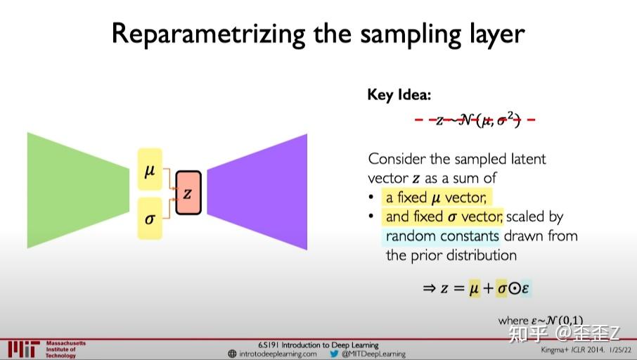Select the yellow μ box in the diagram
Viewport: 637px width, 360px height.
(x=150, y=169)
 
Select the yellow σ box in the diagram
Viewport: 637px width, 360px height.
(x=150, y=217)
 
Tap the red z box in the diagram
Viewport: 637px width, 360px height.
(x=188, y=193)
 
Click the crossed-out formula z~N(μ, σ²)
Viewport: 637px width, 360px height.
(x=477, y=120)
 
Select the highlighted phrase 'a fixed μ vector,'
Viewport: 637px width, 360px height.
(x=435, y=197)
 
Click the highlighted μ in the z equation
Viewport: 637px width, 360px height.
(x=475, y=288)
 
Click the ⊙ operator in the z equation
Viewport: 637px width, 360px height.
(x=513, y=288)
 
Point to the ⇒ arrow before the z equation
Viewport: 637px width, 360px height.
(x=430, y=288)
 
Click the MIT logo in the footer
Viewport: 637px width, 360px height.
(x=23, y=349)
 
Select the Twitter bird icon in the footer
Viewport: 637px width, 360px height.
(x=334, y=354)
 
